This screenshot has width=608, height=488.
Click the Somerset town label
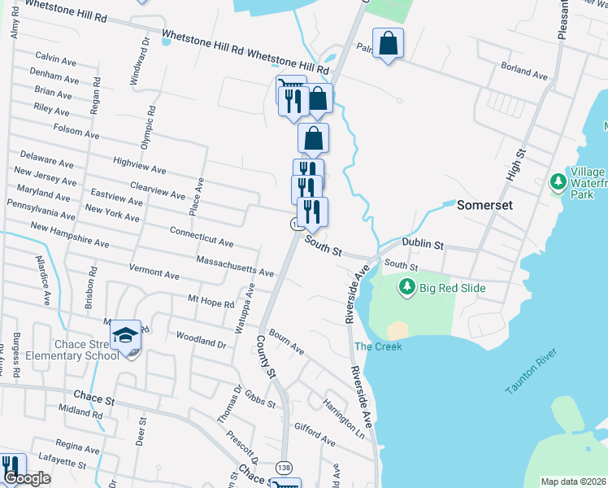484,205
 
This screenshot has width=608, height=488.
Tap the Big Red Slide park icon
407,287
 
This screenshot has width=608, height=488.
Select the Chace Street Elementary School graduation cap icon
126,336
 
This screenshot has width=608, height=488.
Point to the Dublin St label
425,244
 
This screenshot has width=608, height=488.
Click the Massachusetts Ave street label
235,265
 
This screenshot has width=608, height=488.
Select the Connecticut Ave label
202,237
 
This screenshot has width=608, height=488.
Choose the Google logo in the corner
26,478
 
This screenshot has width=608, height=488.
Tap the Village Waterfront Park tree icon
558,180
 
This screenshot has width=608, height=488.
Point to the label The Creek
378,346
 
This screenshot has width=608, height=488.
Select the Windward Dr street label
139,61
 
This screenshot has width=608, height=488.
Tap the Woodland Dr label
199,339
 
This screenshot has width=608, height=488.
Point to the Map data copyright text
573,481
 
